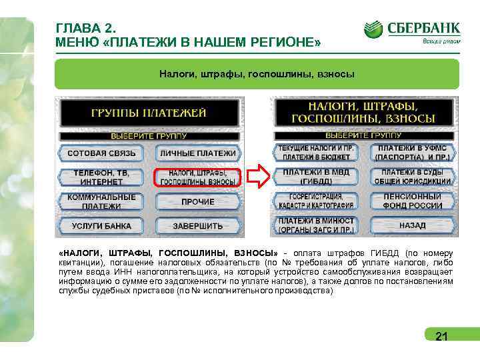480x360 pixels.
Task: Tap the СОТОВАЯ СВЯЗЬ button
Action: (101, 153)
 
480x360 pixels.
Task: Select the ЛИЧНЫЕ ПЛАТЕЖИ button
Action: (198, 153)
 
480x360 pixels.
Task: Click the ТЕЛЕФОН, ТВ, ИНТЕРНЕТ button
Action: (101, 177)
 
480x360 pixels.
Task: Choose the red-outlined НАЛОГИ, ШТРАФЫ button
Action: (198, 177)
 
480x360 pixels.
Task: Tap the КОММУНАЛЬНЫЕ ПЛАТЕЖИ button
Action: (101, 201)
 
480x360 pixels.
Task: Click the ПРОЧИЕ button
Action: (198, 201)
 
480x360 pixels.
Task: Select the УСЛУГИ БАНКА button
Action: (101, 226)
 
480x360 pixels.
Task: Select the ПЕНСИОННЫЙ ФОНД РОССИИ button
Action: (413, 201)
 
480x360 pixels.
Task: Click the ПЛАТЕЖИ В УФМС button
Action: (413, 152)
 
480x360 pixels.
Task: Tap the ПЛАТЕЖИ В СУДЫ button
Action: (413, 176)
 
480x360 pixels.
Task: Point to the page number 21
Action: (441, 337)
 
